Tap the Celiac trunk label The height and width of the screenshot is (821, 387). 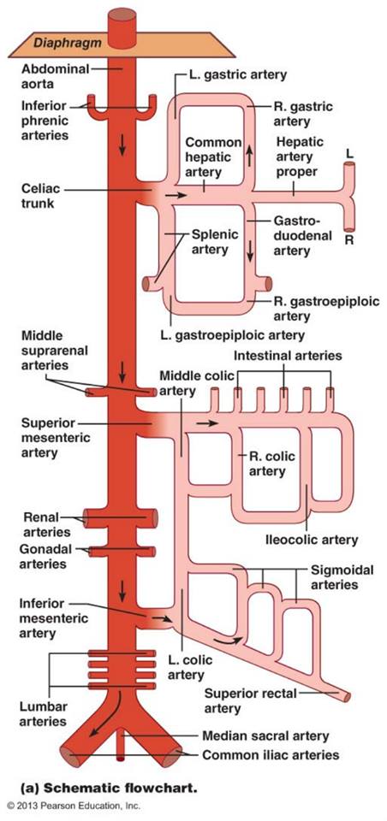[38, 195]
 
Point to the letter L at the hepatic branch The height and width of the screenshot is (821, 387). [349, 154]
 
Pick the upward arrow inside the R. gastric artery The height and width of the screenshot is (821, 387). [250, 155]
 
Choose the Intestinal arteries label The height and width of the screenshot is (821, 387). [288, 356]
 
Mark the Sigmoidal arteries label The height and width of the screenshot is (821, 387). [342, 576]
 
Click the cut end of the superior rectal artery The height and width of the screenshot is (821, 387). [347, 696]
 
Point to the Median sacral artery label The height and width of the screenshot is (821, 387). [266, 735]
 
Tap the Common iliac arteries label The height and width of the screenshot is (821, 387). [271, 755]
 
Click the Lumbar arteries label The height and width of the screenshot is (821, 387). [43, 713]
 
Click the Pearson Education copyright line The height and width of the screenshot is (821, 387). [74, 806]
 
